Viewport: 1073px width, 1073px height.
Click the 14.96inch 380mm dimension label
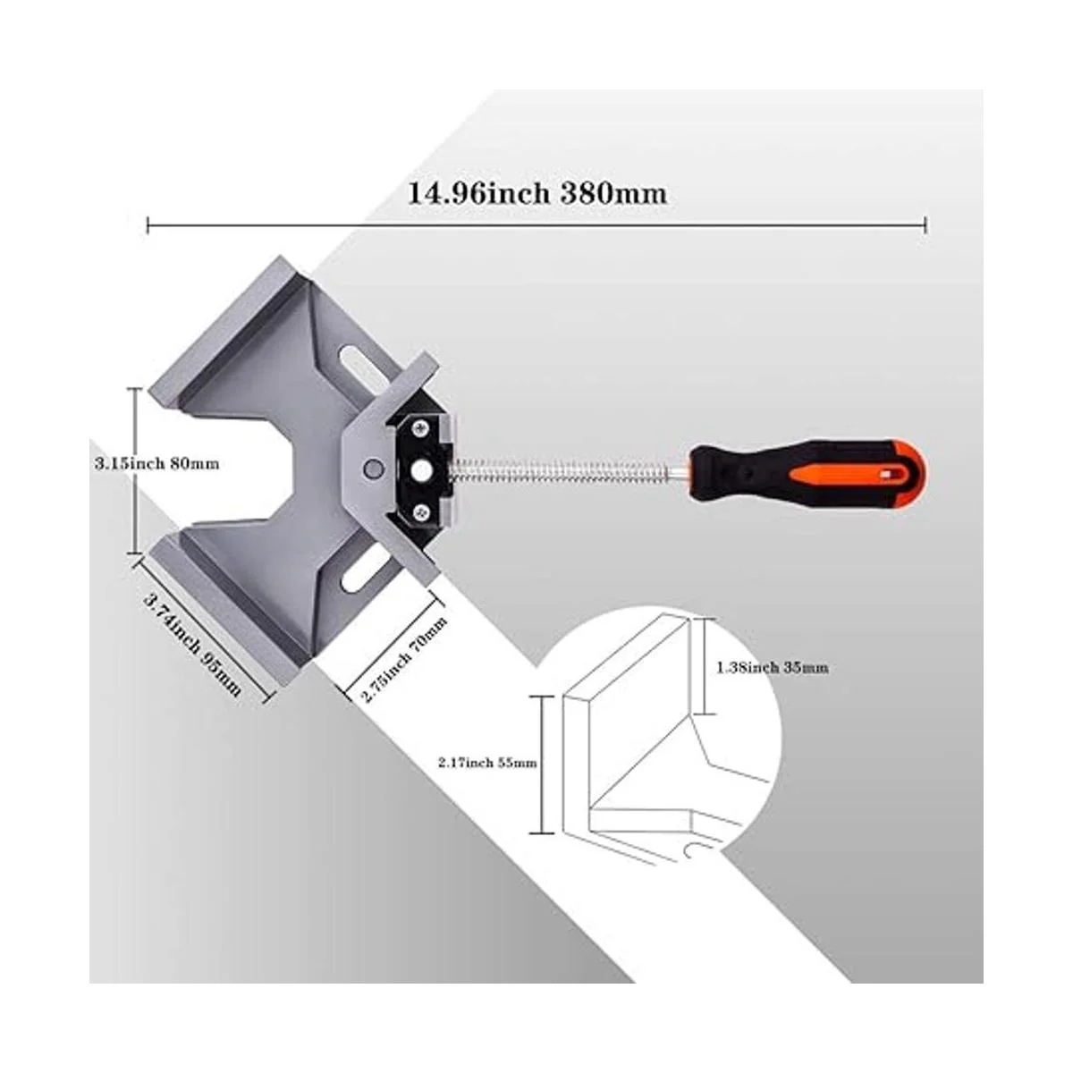(x=537, y=194)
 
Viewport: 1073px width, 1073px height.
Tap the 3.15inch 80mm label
(x=156, y=462)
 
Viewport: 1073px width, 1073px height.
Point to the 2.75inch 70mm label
(x=404, y=660)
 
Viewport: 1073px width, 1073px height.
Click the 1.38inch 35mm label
(x=773, y=668)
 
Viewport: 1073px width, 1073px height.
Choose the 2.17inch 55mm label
(x=487, y=763)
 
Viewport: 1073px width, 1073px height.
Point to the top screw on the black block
(x=418, y=428)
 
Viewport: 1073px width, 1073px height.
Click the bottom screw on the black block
(x=421, y=512)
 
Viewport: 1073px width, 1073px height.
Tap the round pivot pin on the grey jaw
(x=372, y=467)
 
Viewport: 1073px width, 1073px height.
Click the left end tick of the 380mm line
(x=148, y=225)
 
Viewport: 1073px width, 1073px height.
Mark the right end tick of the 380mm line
(x=925, y=225)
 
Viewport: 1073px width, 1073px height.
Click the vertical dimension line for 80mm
(x=134, y=471)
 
